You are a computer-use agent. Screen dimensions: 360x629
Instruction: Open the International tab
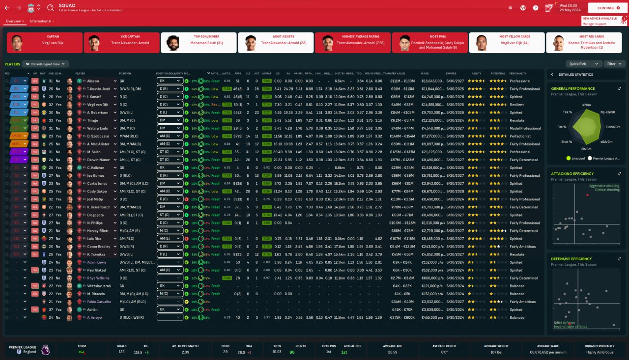click(41, 21)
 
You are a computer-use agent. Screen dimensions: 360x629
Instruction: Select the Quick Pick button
click(577, 64)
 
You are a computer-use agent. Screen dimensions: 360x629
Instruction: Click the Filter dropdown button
click(614, 64)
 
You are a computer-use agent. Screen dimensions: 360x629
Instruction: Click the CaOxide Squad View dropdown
click(45, 64)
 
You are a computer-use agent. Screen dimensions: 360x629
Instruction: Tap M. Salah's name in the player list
click(94, 152)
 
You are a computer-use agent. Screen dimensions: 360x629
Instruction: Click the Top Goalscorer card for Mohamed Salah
click(199, 43)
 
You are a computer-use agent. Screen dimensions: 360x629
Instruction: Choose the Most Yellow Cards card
click(507, 43)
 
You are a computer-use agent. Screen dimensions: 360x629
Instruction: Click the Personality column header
click(518, 73)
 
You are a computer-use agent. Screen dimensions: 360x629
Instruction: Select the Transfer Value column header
click(394, 73)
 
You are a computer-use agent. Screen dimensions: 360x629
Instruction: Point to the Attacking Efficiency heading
click(572, 174)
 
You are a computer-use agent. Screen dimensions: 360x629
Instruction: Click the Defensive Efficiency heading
click(572, 259)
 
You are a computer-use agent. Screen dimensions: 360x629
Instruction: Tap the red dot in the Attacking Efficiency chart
click(587, 195)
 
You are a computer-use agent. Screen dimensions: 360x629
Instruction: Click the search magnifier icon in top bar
click(51, 8)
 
